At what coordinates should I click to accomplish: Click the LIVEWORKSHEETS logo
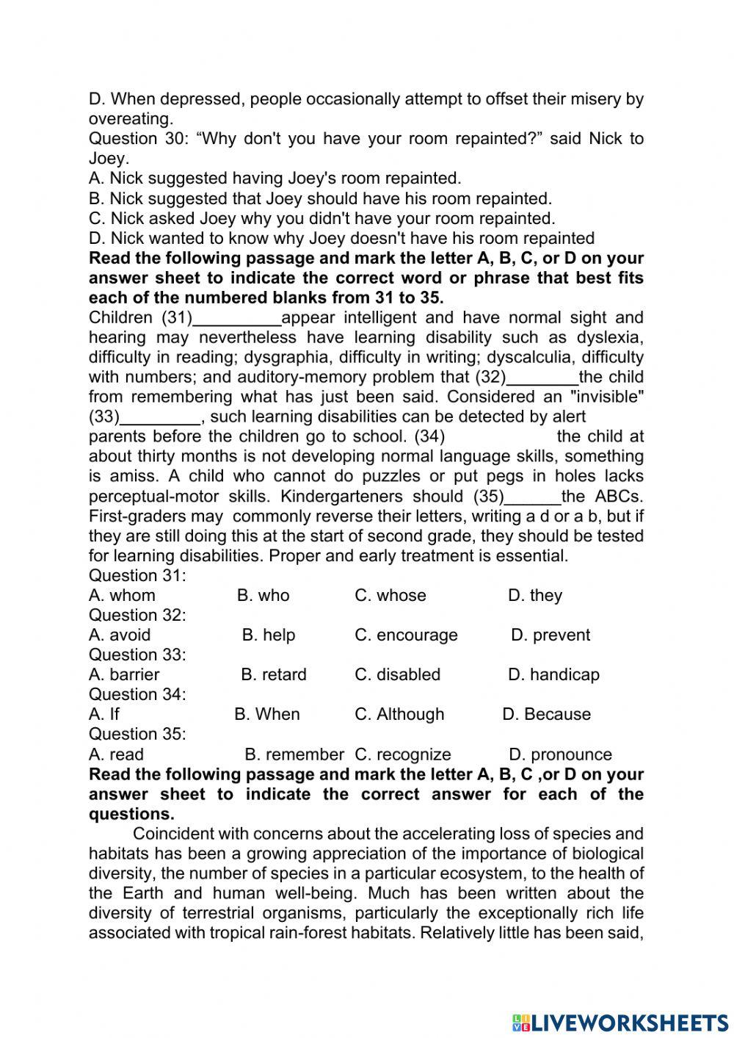[619, 1023]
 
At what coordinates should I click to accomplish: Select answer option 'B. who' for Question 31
[263, 595]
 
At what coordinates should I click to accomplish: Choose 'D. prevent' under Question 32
[550, 635]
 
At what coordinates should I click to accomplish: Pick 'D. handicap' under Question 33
[553, 674]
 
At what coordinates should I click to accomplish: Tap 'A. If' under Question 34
[103, 714]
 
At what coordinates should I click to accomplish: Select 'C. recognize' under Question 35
[402, 754]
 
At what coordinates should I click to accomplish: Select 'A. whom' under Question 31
[122, 595]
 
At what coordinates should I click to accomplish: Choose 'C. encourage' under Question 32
[406, 635]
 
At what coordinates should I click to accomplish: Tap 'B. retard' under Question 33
[273, 674]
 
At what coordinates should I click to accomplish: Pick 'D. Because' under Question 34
[546, 714]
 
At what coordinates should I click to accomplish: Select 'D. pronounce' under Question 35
[560, 754]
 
